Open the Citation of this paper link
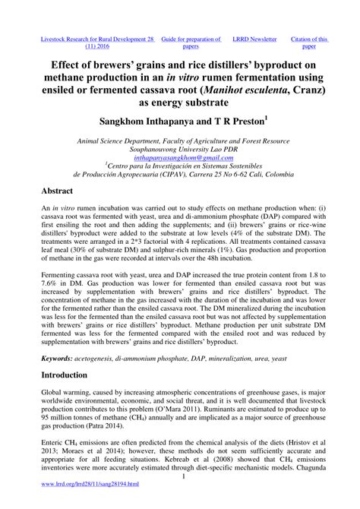pos(311,42)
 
